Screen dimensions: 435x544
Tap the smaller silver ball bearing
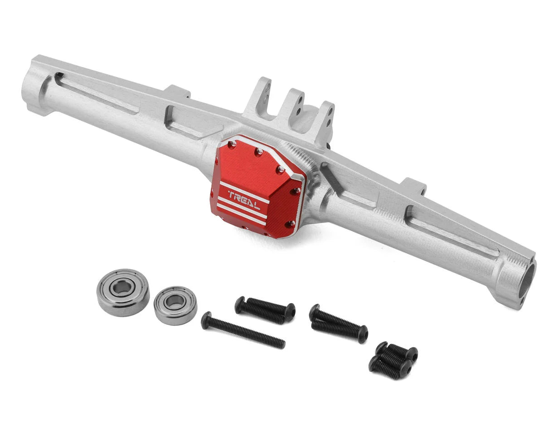175,305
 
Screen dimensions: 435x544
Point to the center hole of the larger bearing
121,288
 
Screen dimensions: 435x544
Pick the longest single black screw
243,330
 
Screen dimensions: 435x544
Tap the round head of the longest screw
206,320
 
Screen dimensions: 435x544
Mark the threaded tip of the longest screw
281,344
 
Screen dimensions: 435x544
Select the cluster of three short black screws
393,360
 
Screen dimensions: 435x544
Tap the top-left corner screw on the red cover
233,144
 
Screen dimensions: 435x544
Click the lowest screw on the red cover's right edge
291,224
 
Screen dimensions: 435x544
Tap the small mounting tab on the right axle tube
413,186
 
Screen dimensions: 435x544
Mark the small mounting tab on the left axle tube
178,92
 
